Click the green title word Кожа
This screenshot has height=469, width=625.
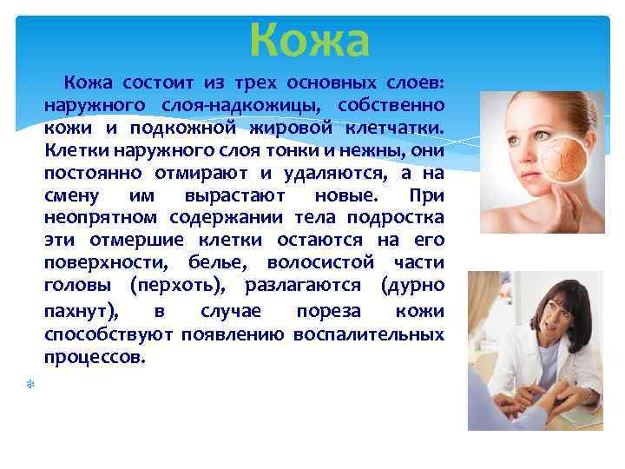click(x=310, y=40)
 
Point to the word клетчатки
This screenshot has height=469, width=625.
click(x=399, y=128)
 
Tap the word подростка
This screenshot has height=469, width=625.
click(x=395, y=217)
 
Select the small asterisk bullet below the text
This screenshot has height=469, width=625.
click(x=28, y=383)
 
